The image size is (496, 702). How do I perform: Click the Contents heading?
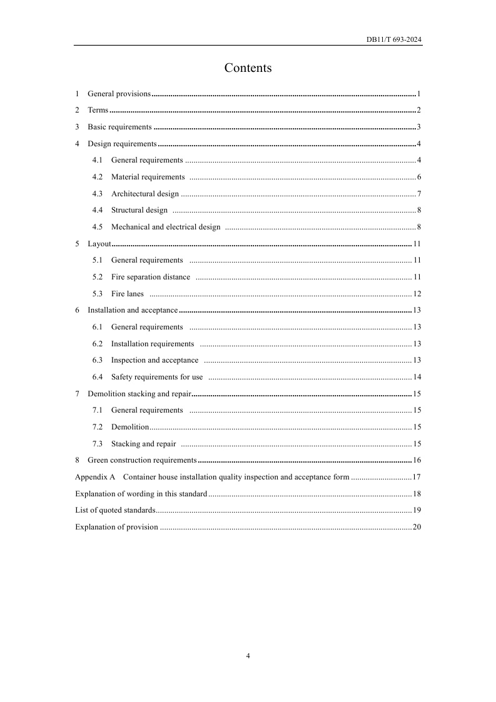[x=248, y=68]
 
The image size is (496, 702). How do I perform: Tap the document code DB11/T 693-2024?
[x=394, y=39]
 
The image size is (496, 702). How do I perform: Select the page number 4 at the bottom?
[x=248, y=656]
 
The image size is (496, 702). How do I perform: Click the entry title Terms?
[x=98, y=111]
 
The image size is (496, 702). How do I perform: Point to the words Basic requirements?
[x=119, y=128]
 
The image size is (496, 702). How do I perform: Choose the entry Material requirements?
[x=148, y=177]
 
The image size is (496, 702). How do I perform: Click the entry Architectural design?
[x=144, y=194]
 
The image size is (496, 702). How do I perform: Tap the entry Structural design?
[x=139, y=210]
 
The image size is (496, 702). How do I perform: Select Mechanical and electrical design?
[x=166, y=227]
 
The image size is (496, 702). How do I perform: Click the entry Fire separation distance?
[x=150, y=277]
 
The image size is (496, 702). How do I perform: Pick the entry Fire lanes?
[x=127, y=294]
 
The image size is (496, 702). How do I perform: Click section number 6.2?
[x=98, y=344]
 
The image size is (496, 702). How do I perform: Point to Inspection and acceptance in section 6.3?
[x=154, y=360]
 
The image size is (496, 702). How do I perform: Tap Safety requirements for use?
[x=157, y=377]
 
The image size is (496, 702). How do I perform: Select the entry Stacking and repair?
[x=143, y=444]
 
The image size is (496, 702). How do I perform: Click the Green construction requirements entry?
[x=142, y=461]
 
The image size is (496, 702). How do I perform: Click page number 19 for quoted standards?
[x=417, y=510]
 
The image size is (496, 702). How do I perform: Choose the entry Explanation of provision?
[x=116, y=527]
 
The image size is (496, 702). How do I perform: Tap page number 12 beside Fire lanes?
[x=417, y=294]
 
